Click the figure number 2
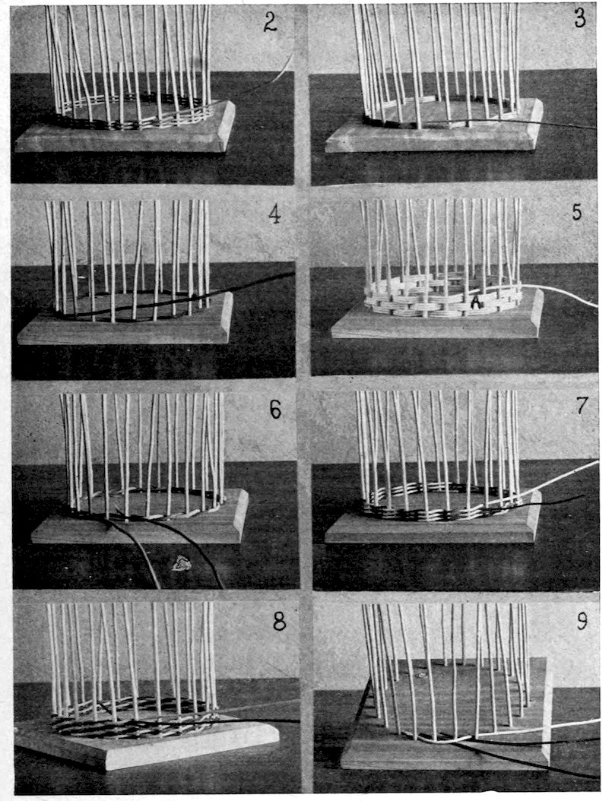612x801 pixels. coord(269,23)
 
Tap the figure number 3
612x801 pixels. coord(579,19)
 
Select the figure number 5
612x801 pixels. coord(577,212)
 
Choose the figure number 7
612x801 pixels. coord(582,405)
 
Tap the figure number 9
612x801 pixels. coord(582,622)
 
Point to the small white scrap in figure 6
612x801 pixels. coord(181,563)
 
